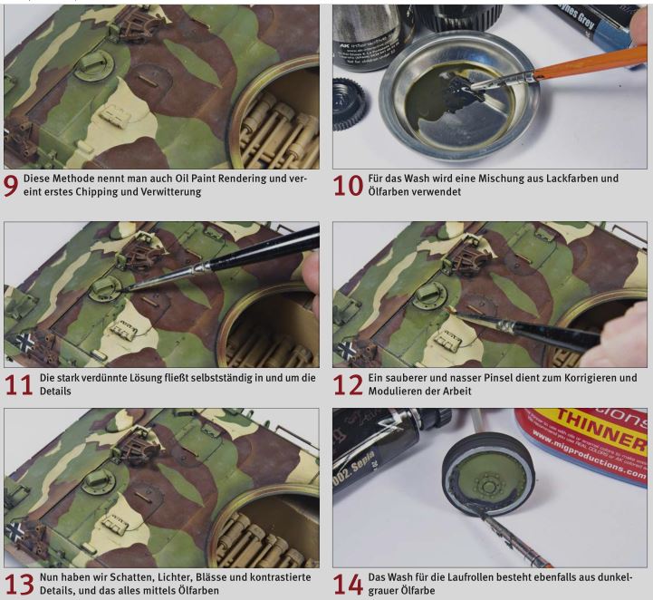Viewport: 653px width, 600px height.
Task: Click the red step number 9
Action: [x=10, y=186]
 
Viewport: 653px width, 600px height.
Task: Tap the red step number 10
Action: [x=349, y=186]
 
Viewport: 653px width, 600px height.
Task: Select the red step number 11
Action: [x=19, y=385]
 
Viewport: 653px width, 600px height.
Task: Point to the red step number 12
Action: [x=349, y=385]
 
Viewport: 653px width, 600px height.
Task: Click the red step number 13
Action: [x=19, y=585]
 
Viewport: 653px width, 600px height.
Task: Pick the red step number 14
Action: [x=349, y=585]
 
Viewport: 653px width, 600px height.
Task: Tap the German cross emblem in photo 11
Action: [x=25, y=342]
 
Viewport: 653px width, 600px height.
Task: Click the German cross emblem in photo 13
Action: [x=15, y=531]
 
